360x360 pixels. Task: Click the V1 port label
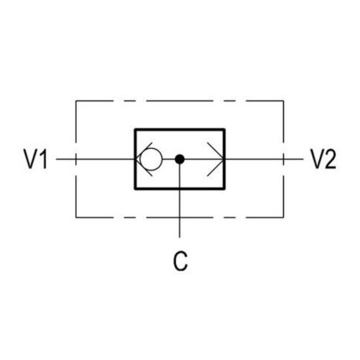(x=36, y=159)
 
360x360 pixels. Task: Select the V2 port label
(x=323, y=159)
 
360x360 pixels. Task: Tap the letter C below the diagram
(x=180, y=261)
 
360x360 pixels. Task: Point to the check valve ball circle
(x=151, y=159)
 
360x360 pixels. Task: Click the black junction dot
(x=180, y=159)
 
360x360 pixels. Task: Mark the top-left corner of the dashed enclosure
(x=76, y=100)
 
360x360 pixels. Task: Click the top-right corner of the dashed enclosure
(x=284, y=100)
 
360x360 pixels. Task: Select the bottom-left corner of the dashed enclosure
(x=76, y=217)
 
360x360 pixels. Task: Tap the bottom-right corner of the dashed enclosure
(x=284, y=217)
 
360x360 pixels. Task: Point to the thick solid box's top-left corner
(x=136, y=130)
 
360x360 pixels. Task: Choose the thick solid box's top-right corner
(x=224, y=130)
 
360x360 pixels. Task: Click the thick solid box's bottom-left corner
(x=136, y=189)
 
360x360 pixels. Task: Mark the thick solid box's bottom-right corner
(x=224, y=189)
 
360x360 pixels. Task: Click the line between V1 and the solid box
(x=95, y=159)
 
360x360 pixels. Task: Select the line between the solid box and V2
(x=264, y=159)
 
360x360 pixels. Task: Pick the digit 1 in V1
(x=44, y=159)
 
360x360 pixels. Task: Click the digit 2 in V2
(x=330, y=159)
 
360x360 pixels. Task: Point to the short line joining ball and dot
(x=168, y=159)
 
